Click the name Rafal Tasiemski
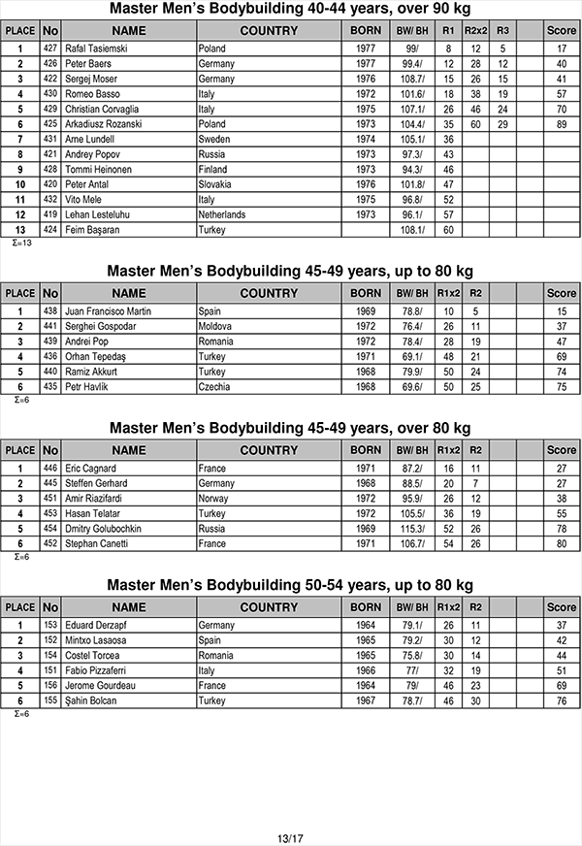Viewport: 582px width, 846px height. (x=94, y=49)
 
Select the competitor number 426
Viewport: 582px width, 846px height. (x=50, y=63)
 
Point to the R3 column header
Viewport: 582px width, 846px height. (x=501, y=31)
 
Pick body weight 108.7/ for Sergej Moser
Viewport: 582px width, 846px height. (x=412, y=79)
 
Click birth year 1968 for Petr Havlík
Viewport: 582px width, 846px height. (x=365, y=387)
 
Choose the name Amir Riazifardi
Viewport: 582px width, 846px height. (x=94, y=499)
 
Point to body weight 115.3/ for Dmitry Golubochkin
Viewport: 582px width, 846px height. (x=412, y=529)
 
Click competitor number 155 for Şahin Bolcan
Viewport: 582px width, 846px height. (x=50, y=700)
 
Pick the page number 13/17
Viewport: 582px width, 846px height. (x=290, y=837)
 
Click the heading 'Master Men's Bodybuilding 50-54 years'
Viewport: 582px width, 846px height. (x=290, y=585)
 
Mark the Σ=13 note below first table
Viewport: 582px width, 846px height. (x=21, y=243)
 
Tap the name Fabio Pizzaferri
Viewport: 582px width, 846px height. (x=95, y=670)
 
